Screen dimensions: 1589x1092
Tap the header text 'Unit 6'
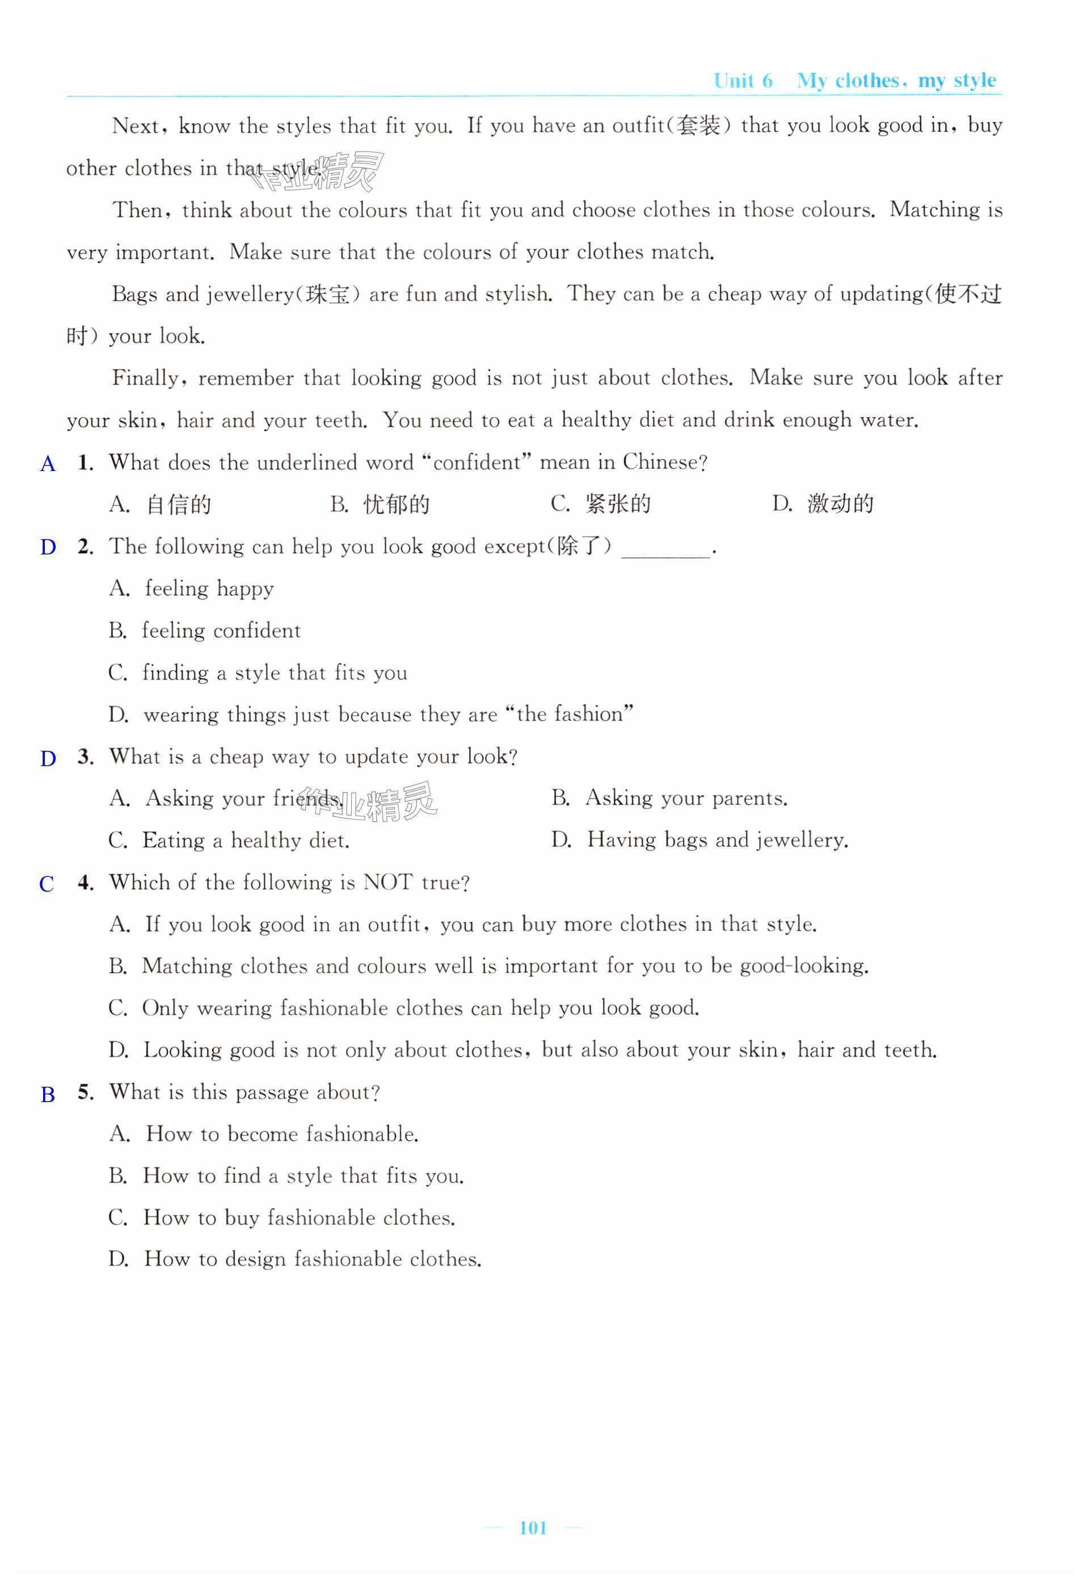tap(743, 81)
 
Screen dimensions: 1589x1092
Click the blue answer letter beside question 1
tap(48, 464)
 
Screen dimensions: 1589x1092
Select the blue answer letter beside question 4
tap(47, 884)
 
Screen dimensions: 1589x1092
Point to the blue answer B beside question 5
tap(48, 1094)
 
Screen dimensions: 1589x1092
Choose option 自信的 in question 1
tap(179, 505)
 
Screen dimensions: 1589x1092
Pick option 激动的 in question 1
tap(840, 504)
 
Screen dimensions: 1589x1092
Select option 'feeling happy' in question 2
tap(209, 588)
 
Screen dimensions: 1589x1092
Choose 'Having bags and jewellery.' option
tap(717, 840)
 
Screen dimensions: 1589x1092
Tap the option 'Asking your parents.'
tap(686, 798)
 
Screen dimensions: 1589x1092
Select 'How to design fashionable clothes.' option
tap(312, 1259)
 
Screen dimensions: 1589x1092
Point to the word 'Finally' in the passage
tap(146, 378)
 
